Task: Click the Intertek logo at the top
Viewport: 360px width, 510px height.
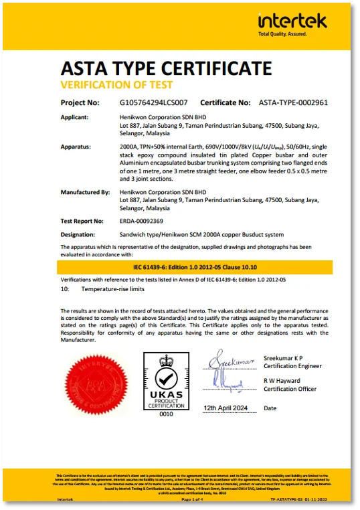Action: (x=292, y=24)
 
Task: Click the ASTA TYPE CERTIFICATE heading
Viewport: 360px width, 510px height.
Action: (x=166, y=68)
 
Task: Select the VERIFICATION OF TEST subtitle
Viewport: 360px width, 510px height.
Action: (x=116, y=85)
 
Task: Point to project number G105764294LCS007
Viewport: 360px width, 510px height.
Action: (x=153, y=102)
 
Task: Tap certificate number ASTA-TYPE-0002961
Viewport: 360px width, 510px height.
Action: (x=293, y=102)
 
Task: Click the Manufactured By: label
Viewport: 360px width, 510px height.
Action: (x=84, y=193)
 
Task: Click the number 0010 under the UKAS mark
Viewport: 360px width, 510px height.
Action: (x=165, y=414)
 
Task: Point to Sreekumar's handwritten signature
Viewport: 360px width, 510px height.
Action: (x=231, y=361)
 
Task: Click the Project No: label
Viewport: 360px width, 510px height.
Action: (x=80, y=102)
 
